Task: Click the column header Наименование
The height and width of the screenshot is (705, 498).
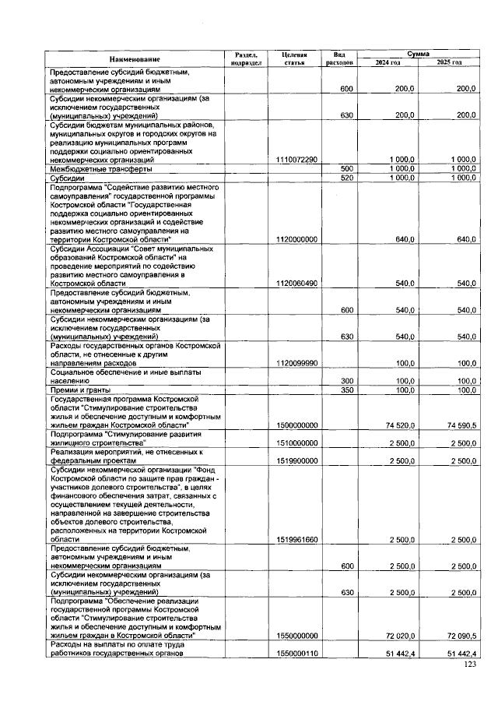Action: coord(134,59)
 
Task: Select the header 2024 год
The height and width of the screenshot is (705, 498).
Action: coord(387,62)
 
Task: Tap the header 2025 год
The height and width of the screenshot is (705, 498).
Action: coord(448,62)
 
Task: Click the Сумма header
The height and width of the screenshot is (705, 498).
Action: coord(417,54)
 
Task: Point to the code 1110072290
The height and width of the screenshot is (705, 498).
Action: coord(296,160)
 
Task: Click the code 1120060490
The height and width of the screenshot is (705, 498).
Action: coord(296,283)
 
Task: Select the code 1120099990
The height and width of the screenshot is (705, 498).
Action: coord(296,363)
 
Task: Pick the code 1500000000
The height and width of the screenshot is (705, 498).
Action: coord(296,425)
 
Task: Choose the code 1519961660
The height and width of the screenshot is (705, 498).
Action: coord(296,539)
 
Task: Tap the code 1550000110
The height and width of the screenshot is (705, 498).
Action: coord(296,653)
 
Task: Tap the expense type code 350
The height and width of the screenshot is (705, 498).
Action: coord(347,390)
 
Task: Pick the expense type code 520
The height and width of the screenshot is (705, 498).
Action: coord(347,178)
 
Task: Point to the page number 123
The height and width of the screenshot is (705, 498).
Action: coord(469,664)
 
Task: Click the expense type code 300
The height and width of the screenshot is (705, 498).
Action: coord(347,380)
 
